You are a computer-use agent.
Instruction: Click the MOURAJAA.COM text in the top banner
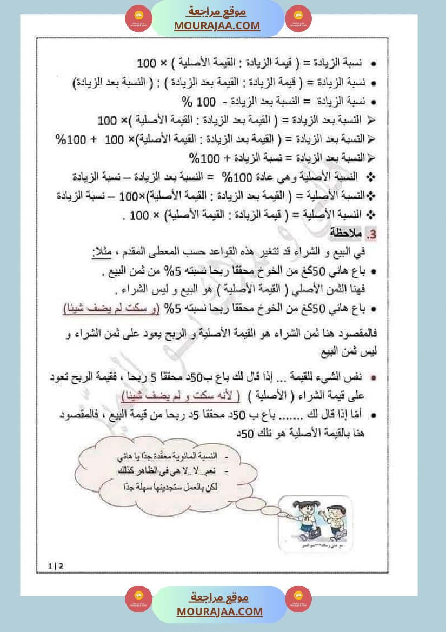tap(217, 25)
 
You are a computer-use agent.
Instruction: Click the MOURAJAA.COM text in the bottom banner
tap(219, 611)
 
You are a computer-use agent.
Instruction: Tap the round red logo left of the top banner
tap(139, 19)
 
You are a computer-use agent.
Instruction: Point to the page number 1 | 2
tap(56, 566)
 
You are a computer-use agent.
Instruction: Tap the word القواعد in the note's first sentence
tap(247, 252)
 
